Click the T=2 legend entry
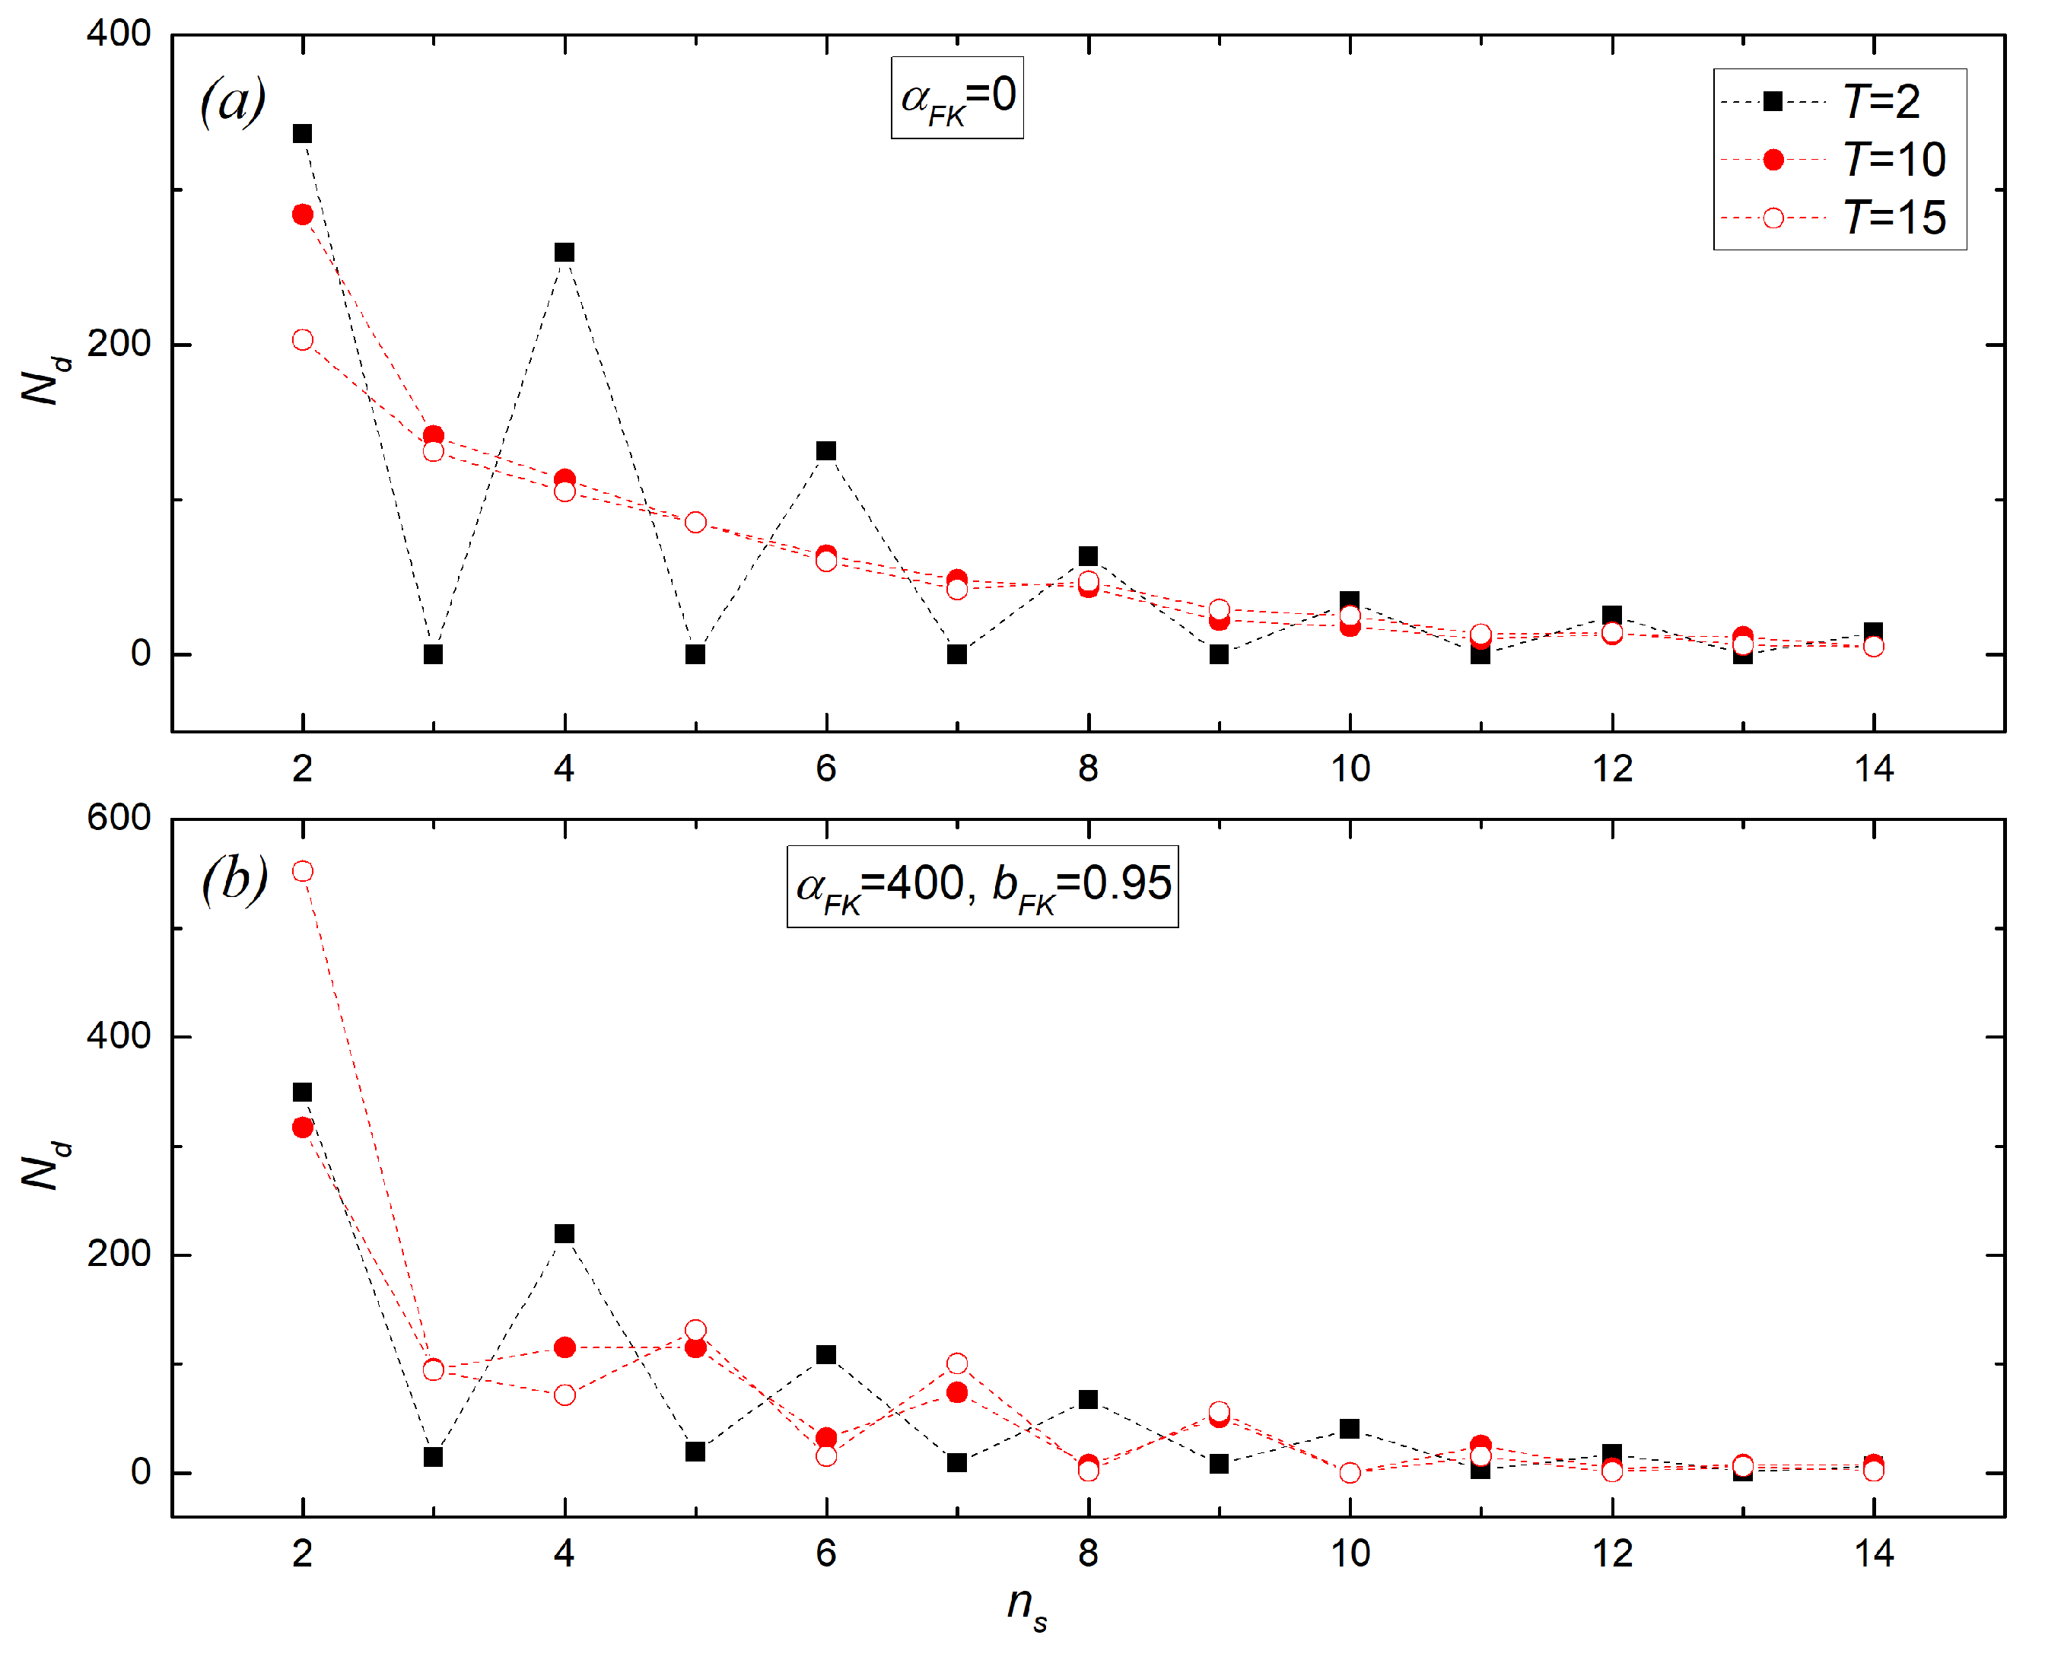[x=1838, y=102]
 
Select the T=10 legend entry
[x=1838, y=160]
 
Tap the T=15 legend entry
[x=1838, y=218]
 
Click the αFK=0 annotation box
[x=957, y=98]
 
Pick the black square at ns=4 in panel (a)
[x=565, y=253]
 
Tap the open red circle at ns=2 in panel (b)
[x=303, y=872]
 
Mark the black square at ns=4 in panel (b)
[x=565, y=1234]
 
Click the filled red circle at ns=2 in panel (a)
[x=303, y=215]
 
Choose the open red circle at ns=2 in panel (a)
[x=303, y=340]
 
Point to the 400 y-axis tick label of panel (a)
[x=119, y=34]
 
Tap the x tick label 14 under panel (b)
[x=1874, y=1554]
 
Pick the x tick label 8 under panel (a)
[x=1088, y=769]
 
